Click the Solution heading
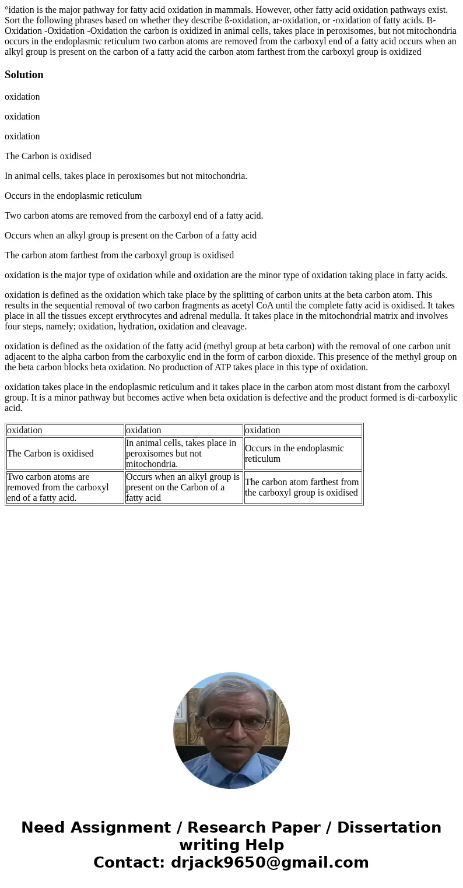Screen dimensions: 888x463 coord(24,75)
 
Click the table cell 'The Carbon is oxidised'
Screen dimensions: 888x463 coord(50,453)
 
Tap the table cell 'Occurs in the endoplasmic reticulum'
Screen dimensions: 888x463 coord(294,453)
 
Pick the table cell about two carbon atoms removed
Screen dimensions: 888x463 coord(58,487)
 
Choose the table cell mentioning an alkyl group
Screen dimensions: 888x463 coord(183,487)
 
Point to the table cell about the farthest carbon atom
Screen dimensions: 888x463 coord(301,487)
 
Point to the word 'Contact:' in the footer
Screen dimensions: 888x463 coord(129,863)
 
